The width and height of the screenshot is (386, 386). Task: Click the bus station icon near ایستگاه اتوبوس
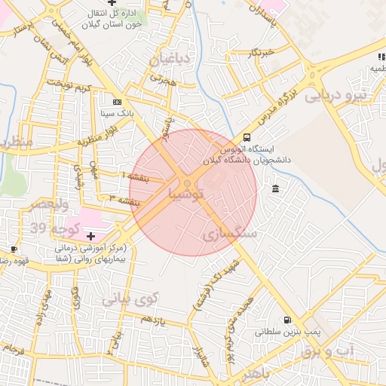pos(247,137)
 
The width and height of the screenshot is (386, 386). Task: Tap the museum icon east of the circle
pos(275,188)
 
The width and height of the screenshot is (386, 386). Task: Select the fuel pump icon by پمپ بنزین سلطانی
pos(287,320)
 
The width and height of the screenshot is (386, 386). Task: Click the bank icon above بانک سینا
pos(116,102)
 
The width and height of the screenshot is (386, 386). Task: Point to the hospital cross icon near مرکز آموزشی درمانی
pos(91,236)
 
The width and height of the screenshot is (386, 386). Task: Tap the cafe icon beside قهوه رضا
pos(14,249)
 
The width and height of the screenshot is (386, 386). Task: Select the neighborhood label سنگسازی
pos(230,234)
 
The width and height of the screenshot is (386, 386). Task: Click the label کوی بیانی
pos(127,299)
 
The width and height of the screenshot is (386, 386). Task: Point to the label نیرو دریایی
pos(335,96)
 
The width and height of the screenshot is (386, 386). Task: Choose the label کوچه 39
pos(47,227)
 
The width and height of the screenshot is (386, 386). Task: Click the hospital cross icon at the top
pos(112,4)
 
